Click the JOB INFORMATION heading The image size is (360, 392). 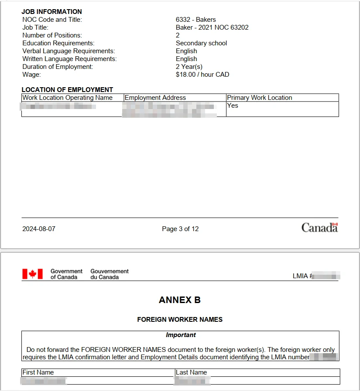(x=51, y=12)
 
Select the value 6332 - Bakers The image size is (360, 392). (x=195, y=20)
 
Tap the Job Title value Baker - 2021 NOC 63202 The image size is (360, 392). (x=212, y=27)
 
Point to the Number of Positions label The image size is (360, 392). (x=52, y=35)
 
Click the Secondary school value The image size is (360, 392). (x=201, y=43)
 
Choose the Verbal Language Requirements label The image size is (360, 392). (x=69, y=51)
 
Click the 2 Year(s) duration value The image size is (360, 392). (x=189, y=67)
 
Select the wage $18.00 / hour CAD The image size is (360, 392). (x=202, y=75)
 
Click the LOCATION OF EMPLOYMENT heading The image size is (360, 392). (x=67, y=90)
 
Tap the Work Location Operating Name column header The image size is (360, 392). (x=68, y=98)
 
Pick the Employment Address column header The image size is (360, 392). (x=155, y=98)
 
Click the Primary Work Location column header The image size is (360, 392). (x=259, y=98)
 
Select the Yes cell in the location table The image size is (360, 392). (x=233, y=106)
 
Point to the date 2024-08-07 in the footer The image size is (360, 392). (x=39, y=229)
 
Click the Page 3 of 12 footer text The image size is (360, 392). (x=180, y=229)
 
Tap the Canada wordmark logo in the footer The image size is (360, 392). (x=319, y=228)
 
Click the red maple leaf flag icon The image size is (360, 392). (x=32, y=274)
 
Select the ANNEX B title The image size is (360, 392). (x=180, y=300)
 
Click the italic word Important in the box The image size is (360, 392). (x=181, y=335)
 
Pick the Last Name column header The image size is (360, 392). (x=191, y=372)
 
